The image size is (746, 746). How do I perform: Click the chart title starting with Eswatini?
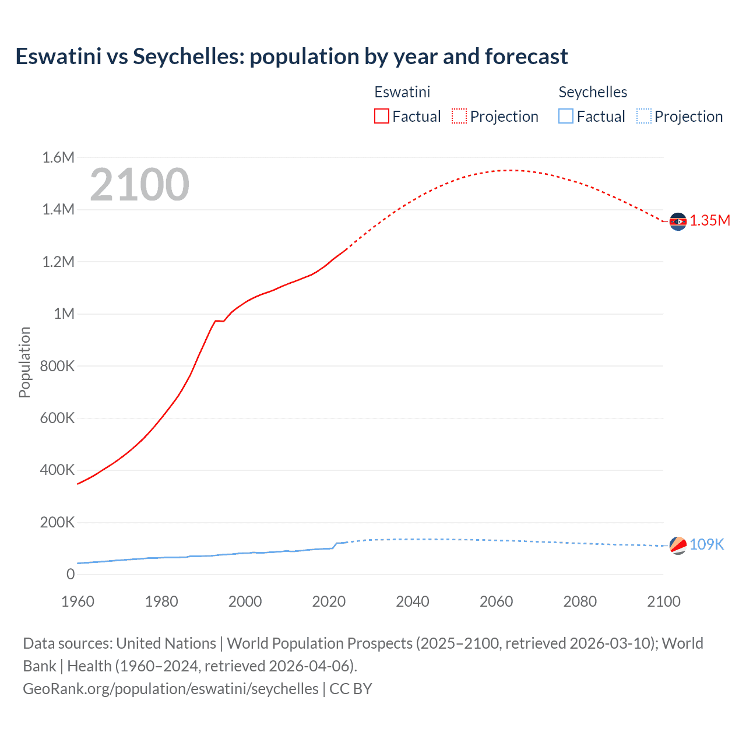click(x=291, y=57)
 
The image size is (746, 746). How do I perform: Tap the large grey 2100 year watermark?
click(x=139, y=185)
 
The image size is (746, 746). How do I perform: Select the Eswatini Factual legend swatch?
click(x=381, y=117)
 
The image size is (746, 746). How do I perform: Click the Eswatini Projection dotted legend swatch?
click(x=459, y=117)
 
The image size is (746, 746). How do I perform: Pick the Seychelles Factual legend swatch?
click(x=565, y=117)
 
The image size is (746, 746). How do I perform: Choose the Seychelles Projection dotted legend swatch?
click(x=643, y=117)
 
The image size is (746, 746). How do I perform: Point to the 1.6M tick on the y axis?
click(x=58, y=157)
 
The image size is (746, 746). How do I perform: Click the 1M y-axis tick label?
click(x=64, y=314)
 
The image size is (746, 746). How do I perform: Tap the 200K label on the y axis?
click(x=57, y=522)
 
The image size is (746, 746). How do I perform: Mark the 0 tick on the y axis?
click(x=71, y=575)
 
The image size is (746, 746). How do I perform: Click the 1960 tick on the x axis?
click(x=78, y=601)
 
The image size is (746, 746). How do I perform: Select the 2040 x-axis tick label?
click(x=413, y=601)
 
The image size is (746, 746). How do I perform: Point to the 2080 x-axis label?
click(x=580, y=601)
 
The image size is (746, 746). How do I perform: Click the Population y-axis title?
click(x=24, y=362)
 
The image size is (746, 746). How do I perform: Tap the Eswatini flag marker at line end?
click(x=678, y=221)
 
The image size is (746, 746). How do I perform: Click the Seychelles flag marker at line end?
click(x=678, y=546)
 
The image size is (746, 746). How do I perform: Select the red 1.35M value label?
click(x=710, y=220)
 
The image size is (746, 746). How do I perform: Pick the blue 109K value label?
click(x=706, y=544)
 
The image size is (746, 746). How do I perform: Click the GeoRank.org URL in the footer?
click(x=171, y=688)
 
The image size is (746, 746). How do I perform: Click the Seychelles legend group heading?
click(x=593, y=92)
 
